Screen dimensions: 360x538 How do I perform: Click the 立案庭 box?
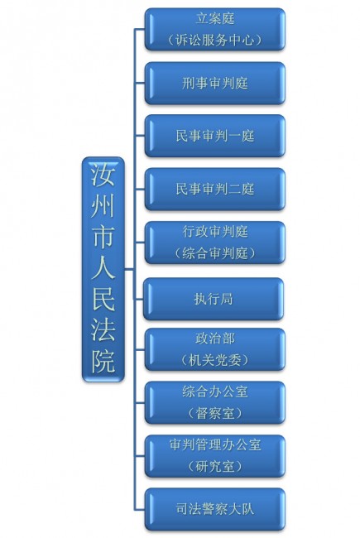(x=215, y=30)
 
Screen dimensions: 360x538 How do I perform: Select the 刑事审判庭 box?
(x=215, y=83)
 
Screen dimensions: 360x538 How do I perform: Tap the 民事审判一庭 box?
(x=215, y=136)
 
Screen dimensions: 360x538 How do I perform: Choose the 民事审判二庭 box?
(x=215, y=189)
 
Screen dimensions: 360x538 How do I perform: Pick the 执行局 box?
(x=214, y=299)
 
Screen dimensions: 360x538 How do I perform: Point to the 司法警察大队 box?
(x=215, y=509)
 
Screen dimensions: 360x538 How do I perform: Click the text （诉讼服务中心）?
(x=215, y=41)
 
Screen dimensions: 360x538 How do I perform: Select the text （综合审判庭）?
(x=215, y=253)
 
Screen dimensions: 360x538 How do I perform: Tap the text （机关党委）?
(x=215, y=360)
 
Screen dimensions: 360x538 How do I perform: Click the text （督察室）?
(x=215, y=413)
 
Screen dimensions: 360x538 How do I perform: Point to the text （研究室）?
(x=215, y=466)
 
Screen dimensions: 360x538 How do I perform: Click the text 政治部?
(x=215, y=339)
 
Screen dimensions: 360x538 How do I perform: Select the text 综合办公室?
(x=215, y=391)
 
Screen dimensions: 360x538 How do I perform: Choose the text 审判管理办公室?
(x=215, y=445)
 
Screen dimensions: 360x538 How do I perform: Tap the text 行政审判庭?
(x=215, y=232)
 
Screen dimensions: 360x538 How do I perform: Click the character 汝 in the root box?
(x=103, y=175)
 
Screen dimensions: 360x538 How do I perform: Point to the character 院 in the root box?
(x=103, y=362)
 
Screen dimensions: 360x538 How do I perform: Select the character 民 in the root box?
(x=103, y=299)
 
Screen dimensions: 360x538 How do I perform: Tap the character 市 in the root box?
(x=103, y=237)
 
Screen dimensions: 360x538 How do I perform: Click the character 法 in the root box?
(x=103, y=330)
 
